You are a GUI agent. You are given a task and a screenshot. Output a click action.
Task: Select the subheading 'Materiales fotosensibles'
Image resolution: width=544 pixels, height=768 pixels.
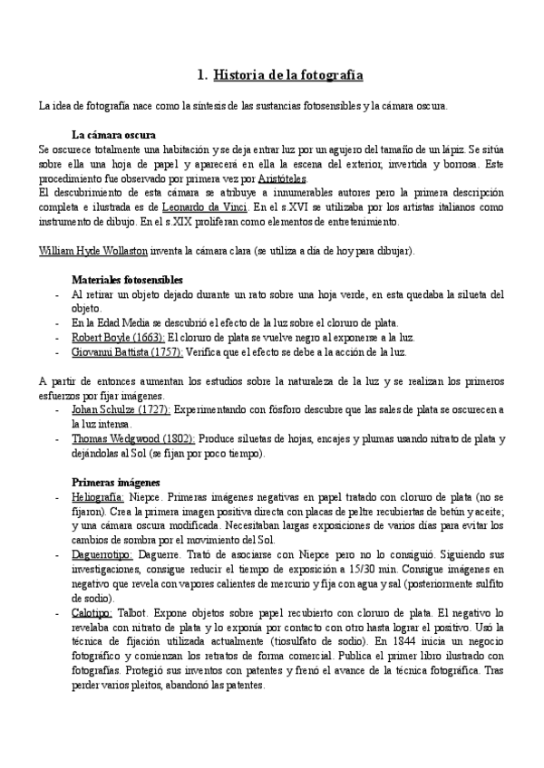click(x=128, y=280)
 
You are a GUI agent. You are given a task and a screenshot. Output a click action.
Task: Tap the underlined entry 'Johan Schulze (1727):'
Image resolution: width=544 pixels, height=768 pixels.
click(x=114, y=409)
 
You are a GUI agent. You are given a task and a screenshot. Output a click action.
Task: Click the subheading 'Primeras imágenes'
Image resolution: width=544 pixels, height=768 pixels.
click(x=115, y=481)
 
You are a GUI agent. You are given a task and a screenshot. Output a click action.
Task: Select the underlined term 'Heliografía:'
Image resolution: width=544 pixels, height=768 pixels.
click(x=98, y=497)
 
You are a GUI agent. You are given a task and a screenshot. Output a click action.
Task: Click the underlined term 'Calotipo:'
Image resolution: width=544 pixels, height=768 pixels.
click(x=92, y=613)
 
